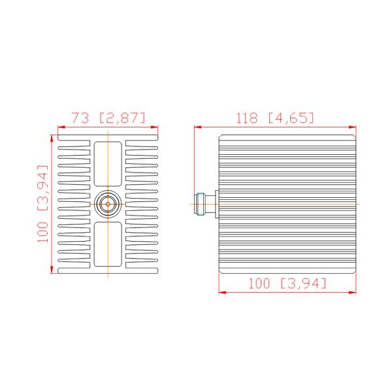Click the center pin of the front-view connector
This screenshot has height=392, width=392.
108,204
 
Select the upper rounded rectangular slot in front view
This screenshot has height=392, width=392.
108,165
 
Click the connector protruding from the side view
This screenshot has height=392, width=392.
205,204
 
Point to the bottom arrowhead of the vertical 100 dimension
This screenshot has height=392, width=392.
52,270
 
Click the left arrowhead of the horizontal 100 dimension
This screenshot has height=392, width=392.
221,291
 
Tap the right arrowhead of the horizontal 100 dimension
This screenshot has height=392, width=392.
355,291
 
